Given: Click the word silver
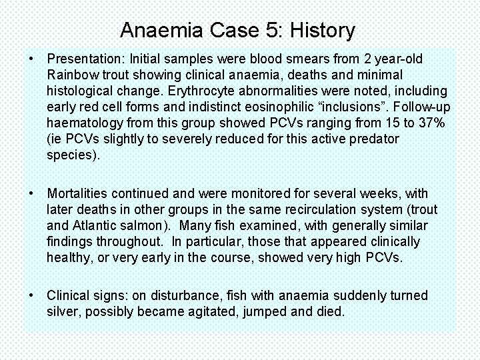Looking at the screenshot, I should [65, 311].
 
